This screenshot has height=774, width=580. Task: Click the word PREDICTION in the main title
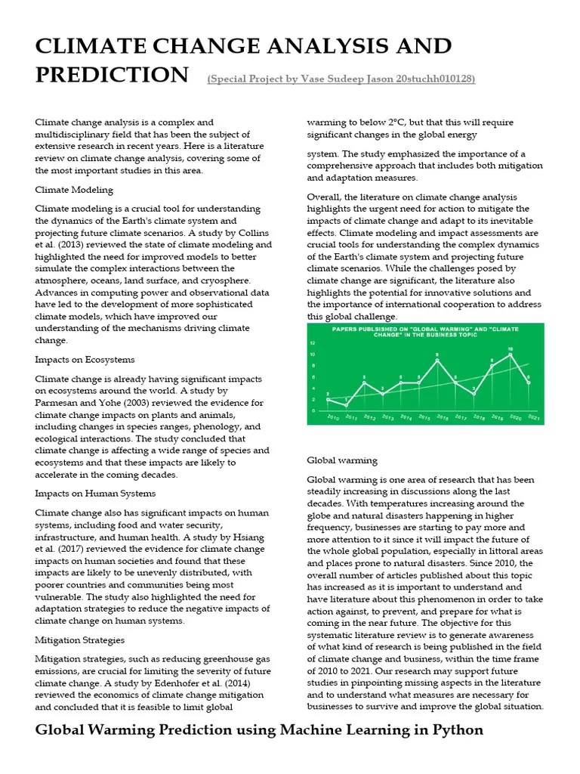click(x=112, y=75)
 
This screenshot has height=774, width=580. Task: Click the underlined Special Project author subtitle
click(x=341, y=79)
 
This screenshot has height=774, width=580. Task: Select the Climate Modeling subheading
click(x=74, y=190)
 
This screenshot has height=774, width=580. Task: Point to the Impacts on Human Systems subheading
click(x=95, y=493)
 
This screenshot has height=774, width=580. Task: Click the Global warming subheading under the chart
click(x=342, y=460)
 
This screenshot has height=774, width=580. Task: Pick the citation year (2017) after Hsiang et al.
click(x=65, y=547)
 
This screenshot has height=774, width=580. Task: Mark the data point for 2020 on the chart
click(x=511, y=354)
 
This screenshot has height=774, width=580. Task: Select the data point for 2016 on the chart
click(x=437, y=360)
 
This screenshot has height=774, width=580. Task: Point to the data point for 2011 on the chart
click(x=347, y=405)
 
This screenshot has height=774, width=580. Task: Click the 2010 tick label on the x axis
click(x=332, y=416)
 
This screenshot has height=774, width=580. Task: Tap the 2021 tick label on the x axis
click(x=532, y=416)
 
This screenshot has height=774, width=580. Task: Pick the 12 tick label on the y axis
click(x=312, y=342)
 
